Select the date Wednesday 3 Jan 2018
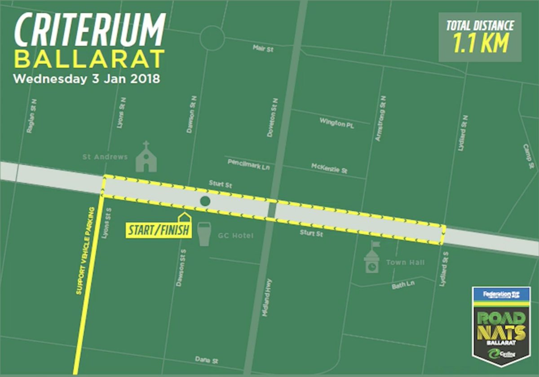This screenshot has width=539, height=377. tap(87, 79)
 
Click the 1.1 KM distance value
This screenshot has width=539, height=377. tap(480, 43)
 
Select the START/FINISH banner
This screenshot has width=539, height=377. tap(159, 230)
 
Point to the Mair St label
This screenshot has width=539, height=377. tap(263, 48)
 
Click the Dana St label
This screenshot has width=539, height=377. tap(207, 360)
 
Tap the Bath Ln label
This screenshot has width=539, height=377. tap(403, 285)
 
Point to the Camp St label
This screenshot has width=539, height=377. tap(528, 156)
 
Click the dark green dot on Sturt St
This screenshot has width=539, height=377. tap(205, 201)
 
